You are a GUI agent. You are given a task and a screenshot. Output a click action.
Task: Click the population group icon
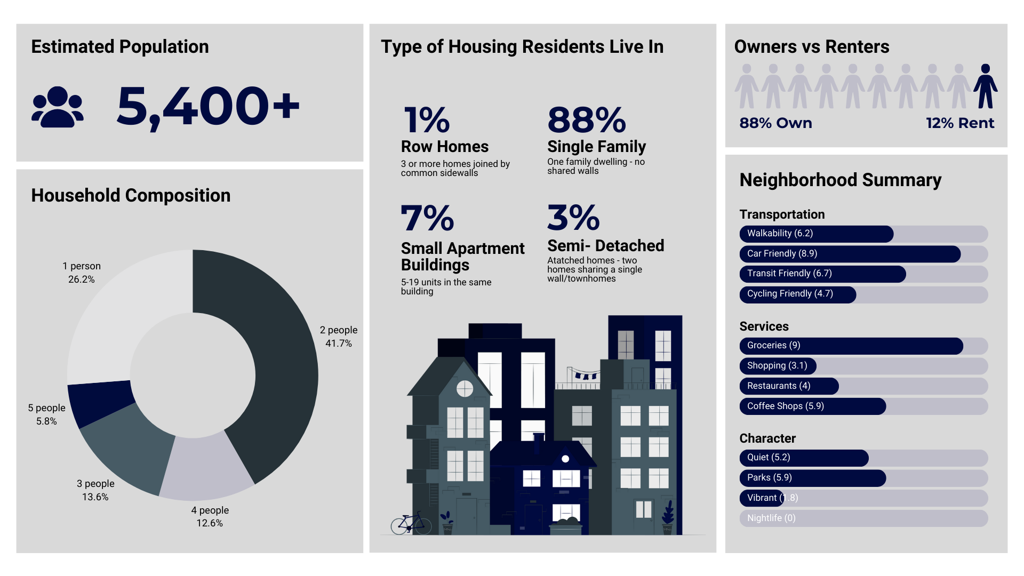tap(58, 107)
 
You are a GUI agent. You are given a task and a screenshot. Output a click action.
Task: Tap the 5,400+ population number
tap(208, 106)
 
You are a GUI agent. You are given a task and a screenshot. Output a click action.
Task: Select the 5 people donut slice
tap(100, 403)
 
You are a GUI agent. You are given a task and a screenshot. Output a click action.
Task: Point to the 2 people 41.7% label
tap(339, 337)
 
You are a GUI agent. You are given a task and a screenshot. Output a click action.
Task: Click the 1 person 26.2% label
tap(82, 273)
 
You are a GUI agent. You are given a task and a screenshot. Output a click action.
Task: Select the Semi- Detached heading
tap(606, 245)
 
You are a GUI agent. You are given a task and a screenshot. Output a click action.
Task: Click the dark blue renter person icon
tap(985, 86)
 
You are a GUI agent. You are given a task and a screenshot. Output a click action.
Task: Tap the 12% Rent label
tap(960, 123)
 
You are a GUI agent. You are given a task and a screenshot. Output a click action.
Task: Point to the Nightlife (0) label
tap(771, 518)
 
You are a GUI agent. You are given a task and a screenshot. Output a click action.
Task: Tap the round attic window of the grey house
tap(465, 389)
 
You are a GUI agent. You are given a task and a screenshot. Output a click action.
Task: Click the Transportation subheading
tap(782, 214)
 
